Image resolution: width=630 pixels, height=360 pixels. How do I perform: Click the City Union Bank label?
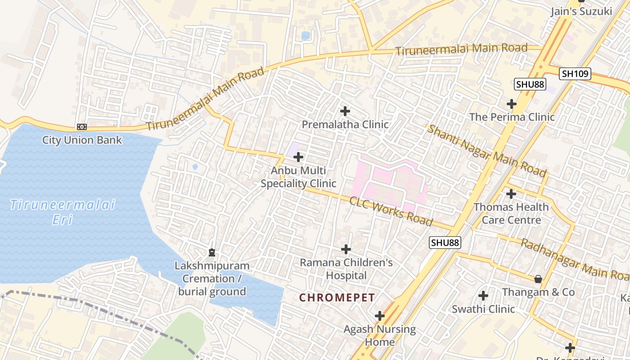82,140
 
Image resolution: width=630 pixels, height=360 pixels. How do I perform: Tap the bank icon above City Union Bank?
82,127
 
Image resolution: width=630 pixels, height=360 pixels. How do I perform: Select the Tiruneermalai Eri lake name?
63,212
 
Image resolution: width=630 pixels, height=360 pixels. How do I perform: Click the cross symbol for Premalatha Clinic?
345,111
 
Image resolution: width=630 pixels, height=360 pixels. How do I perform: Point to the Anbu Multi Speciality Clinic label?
298,177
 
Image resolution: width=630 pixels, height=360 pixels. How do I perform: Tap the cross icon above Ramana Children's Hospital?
346,249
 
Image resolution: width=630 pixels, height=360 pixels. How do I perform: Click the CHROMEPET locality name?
337,297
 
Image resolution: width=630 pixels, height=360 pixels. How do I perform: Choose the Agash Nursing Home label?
380,335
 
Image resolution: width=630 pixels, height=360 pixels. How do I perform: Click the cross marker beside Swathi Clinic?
483,296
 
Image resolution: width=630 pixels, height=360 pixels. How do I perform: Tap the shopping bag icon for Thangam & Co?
538,279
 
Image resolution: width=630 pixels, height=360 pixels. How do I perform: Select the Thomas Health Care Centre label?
511,213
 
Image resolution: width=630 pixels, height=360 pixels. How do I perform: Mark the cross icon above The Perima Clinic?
512,104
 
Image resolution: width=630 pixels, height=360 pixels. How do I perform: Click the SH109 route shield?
575,74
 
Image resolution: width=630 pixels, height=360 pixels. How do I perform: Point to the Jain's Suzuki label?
581,12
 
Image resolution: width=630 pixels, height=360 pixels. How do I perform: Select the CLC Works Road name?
391,211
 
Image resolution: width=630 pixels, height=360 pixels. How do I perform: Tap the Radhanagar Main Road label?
574,259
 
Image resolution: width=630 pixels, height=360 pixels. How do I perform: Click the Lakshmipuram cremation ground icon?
212,252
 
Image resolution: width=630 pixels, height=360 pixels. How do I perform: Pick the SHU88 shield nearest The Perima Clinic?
530,84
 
